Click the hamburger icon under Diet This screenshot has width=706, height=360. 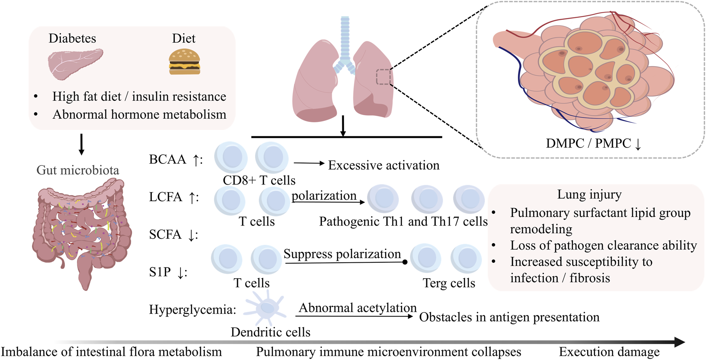pyautogui.click(x=184, y=62)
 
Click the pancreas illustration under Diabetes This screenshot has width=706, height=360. pyautogui.click(x=75, y=63)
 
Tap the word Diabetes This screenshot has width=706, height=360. pyautogui.click(x=72, y=38)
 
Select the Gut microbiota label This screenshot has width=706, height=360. pyautogui.click(x=78, y=170)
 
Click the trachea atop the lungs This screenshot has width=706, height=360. pyautogui.click(x=345, y=38)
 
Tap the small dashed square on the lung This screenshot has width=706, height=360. pyautogui.click(x=383, y=77)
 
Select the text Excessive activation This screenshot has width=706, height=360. pyautogui.click(x=383, y=165)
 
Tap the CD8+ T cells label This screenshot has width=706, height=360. pyautogui.click(x=259, y=180)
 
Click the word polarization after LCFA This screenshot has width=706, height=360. pyautogui.click(x=324, y=195)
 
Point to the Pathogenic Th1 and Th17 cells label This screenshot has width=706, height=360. pyautogui.click(x=403, y=221)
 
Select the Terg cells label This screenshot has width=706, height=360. pyautogui.click(x=449, y=283)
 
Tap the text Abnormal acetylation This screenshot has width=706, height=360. pyautogui.click(x=357, y=308)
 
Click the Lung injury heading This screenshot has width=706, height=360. pyautogui.click(x=589, y=194)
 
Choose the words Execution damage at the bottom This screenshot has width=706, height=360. pyautogui.click(x=609, y=352)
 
